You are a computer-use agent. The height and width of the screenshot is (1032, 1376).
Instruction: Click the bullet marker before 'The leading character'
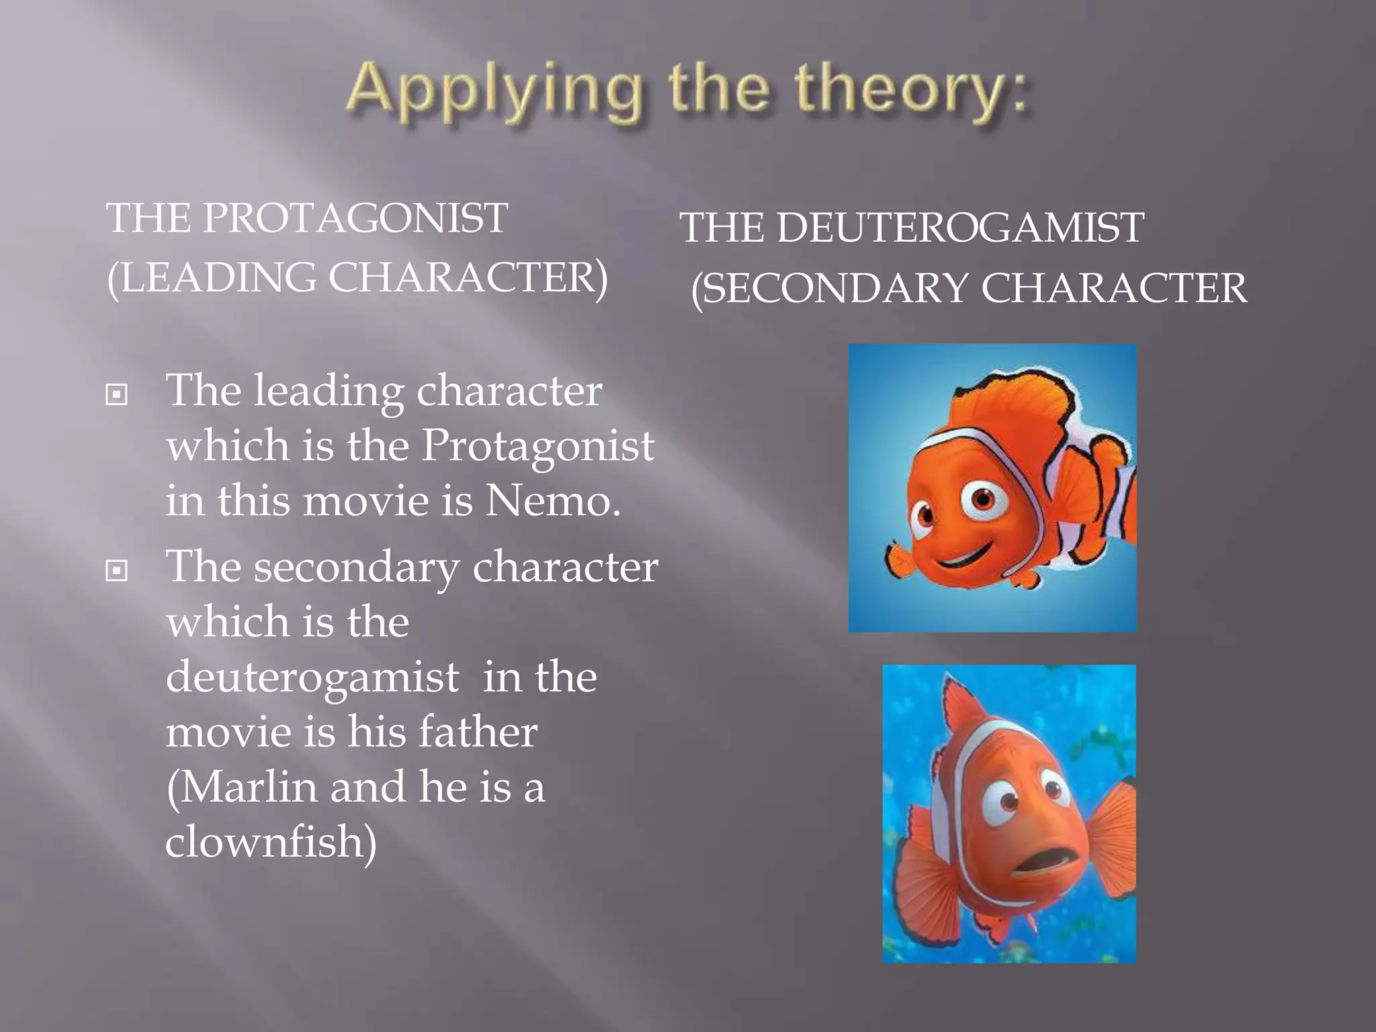pyautogui.click(x=116, y=394)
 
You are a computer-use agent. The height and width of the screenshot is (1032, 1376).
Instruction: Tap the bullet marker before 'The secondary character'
pyautogui.click(x=116, y=571)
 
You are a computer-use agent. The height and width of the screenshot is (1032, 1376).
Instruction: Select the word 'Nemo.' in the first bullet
pyautogui.click(x=552, y=501)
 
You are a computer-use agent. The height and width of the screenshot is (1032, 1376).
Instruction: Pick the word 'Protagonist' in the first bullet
pyautogui.click(x=537, y=445)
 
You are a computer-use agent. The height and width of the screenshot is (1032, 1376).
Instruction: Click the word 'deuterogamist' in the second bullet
pyautogui.click(x=312, y=677)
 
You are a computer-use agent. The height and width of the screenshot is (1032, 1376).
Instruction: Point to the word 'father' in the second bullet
pyautogui.click(x=478, y=732)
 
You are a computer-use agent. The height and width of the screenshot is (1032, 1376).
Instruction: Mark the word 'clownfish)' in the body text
pyautogui.click(x=271, y=841)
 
